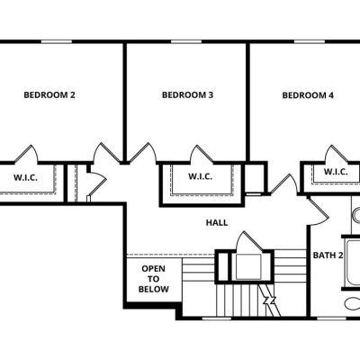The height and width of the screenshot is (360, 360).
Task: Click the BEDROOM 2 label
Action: pyautogui.click(x=49, y=95)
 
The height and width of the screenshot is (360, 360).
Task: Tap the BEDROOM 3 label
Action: pyautogui.click(x=188, y=95)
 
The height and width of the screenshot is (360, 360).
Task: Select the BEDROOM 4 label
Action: pyautogui.click(x=308, y=95)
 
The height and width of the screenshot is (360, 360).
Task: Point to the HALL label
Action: pyautogui.click(x=217, y=222)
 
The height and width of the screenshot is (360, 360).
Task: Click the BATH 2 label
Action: pyautogui.click(x=328, y=256)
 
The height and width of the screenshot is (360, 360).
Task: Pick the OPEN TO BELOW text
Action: pyautogui.click(x=153, y=279)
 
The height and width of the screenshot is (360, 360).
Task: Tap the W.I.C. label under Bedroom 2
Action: pyautogui.click(x=25, y=177)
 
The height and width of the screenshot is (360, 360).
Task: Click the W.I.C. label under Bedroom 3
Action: pyautogui.click(x=201, y=176)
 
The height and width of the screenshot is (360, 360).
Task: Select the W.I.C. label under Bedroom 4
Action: pyautogui.click(x=336, y=172)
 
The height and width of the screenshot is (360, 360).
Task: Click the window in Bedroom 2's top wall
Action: pyautogui.click(x=57, y=41)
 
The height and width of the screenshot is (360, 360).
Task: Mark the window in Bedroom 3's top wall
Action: pyautogui.click(x=186, y=41)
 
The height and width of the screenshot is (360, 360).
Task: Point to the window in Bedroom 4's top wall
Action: pyautogui.click(x=309, y=41)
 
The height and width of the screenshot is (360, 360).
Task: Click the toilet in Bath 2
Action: pyautogui.click(x=353, y=303)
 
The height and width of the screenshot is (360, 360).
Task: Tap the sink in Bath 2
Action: pyautogui.click(x=356, y=215)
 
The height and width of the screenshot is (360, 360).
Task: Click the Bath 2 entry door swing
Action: pyautogui.click(x=319, y=211)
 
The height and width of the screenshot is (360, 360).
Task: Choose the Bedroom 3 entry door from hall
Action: pyautogui.click(x=142, y=153)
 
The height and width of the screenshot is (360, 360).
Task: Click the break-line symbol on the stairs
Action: pyautogui.click(x=270, y=301)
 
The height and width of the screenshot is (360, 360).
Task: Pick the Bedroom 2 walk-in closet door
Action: pyautogui.click(x=26, y=155)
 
